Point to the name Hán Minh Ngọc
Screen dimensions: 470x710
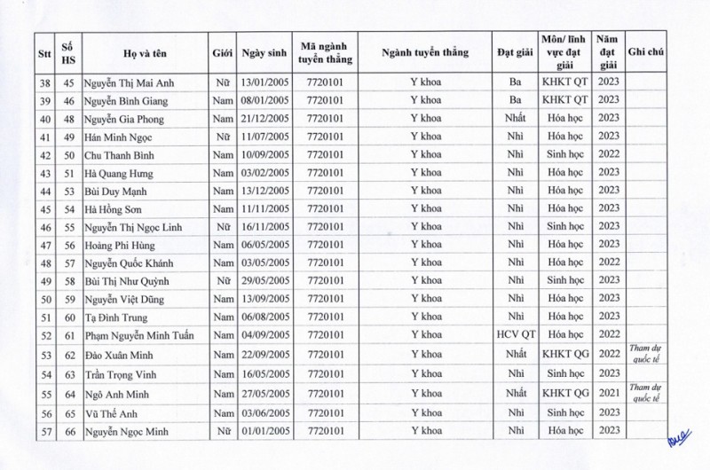point(122,137)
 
